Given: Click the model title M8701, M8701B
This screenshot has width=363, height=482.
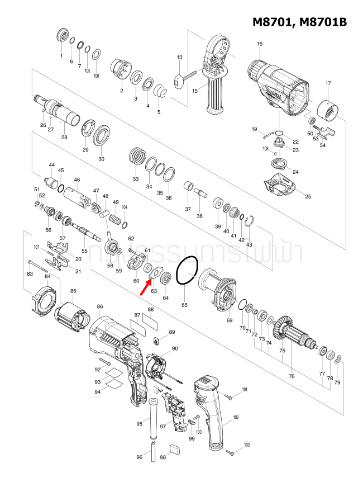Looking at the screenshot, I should click(x=299, y=22).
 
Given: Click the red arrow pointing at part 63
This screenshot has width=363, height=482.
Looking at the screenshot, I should click(x=145, y=286).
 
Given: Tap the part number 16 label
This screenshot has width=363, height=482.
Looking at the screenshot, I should click(x=260, y=44).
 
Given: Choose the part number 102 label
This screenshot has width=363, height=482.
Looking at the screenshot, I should click(x=236, y=418).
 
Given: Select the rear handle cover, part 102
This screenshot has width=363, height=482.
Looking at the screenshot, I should click(x=209, y=411).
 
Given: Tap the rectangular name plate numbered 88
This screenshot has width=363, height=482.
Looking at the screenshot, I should click(x=150, y=323).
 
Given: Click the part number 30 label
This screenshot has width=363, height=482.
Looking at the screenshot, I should click(x=101, y=159).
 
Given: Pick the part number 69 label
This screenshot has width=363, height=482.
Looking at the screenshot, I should click(x=229, y=320).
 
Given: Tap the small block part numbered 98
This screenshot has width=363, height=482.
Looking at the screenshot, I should click(x=175, y=447).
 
